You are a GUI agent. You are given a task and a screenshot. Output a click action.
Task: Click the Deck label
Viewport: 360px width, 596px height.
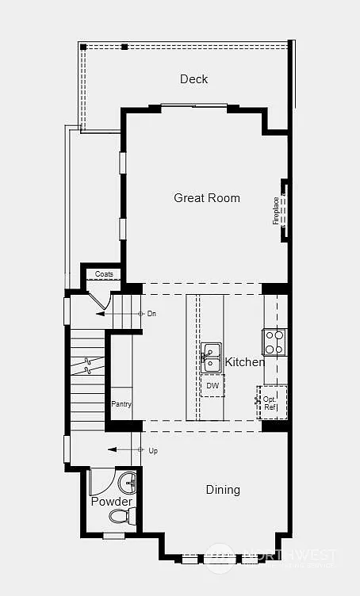coord(193,78)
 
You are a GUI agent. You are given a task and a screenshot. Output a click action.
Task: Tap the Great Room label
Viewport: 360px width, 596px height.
coord(207,198)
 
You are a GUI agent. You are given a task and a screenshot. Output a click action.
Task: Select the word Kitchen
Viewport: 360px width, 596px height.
coord(245,362)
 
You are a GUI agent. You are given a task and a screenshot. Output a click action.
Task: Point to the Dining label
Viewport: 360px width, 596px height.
coord(223,490)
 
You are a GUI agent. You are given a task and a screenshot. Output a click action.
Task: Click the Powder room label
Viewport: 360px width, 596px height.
coord(111,502)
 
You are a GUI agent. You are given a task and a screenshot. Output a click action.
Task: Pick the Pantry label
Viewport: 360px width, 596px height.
coord(121,404)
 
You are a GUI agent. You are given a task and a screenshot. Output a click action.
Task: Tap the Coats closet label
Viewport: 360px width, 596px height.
coord(104,274)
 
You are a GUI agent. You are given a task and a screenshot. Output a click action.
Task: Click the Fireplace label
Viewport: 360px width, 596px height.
coord(277,211)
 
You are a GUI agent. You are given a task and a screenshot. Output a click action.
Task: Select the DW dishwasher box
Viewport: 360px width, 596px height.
coord(213,385)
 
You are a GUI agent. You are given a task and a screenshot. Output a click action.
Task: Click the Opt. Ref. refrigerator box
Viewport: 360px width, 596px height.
coord(270,403)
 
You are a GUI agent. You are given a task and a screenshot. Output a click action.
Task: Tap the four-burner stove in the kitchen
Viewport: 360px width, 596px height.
coord(274,342)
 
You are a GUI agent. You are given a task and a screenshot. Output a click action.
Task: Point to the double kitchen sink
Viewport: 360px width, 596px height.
coord(211,357)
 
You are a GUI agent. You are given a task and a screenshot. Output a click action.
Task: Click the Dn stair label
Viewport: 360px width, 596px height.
coord(151,314)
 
